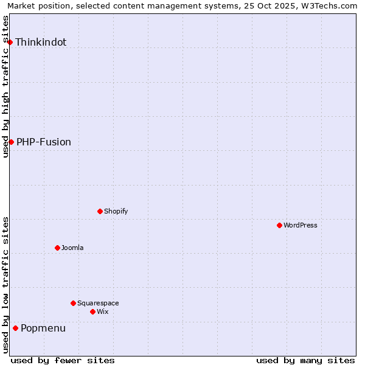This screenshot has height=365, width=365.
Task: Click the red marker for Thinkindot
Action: pos(10,42)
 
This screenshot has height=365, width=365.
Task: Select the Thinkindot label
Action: pos(41,42)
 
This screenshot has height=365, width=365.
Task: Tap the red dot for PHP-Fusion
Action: pos(11,142)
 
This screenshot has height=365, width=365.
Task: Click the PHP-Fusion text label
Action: pos(44,142)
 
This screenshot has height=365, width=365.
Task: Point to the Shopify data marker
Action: pos(100,211)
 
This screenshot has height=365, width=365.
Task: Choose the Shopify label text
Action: pos(116,211)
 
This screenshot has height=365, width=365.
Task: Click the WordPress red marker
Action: pos(279,225)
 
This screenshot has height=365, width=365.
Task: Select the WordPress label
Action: pos(301,225)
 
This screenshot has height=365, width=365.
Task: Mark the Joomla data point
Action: pos(57,248)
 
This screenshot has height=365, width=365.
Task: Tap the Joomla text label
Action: pos(72,248)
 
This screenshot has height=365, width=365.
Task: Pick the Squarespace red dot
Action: pos(73,303)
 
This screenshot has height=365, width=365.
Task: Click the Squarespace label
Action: pos(98,303)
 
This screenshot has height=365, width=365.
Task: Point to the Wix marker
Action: pos(92,311)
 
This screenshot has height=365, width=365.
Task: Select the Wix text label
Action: pos(103,311)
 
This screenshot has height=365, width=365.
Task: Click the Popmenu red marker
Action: pos(15,328)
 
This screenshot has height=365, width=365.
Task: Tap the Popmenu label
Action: pos(43,328)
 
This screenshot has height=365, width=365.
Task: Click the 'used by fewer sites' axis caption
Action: pos(63,360)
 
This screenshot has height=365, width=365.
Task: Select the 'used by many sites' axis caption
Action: pos(305,360)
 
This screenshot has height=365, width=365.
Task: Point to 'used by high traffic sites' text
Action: pos(5,86)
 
